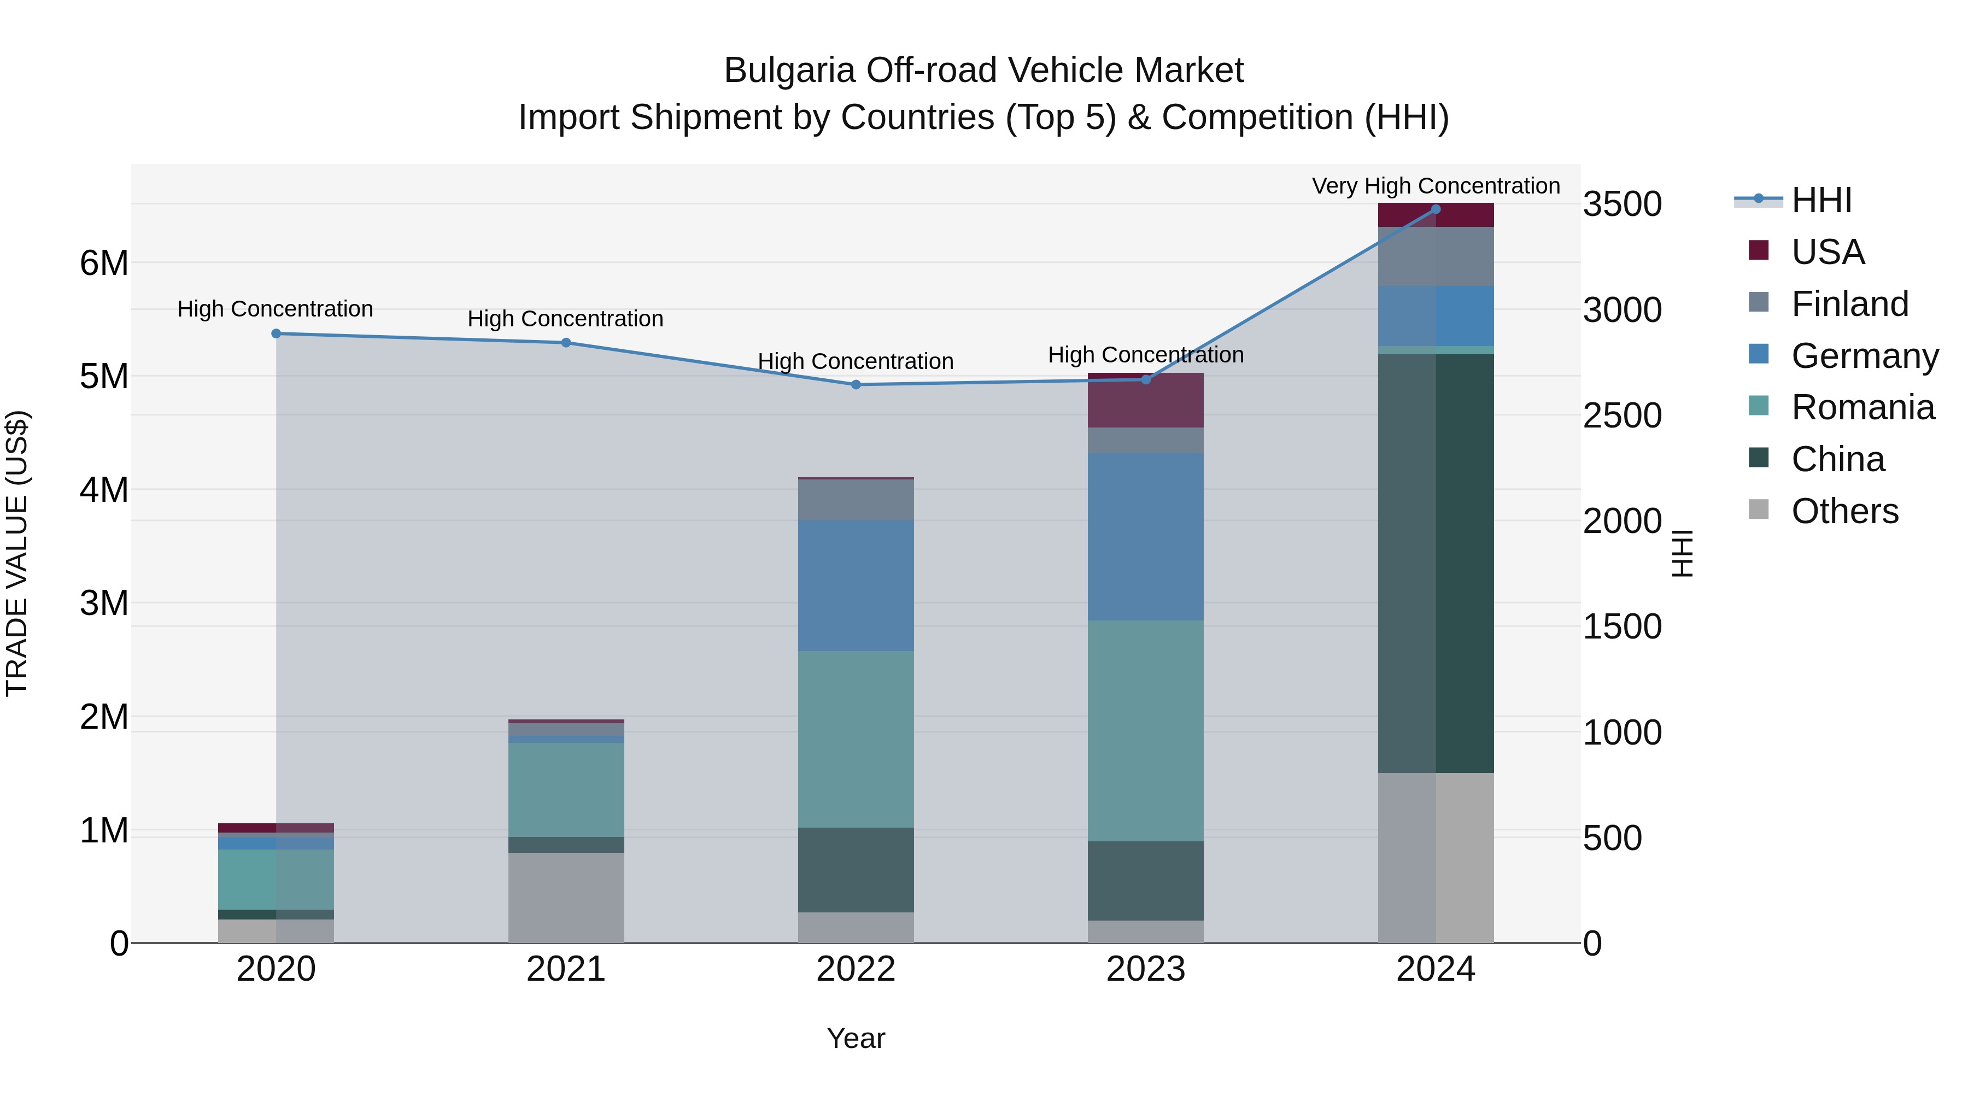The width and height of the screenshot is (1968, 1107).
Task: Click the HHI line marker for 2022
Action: pos(856,384)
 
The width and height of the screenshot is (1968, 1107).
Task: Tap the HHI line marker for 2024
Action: pos(1436,209)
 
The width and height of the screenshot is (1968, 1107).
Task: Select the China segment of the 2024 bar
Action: pos(1436,563)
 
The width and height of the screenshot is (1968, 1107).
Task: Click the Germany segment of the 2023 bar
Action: pos(1145,536)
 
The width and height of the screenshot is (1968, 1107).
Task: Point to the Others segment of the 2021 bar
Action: pos(566,897)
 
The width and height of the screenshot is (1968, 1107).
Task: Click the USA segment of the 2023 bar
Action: pos(1145,400)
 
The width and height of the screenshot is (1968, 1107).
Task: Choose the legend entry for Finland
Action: pos(1849,304)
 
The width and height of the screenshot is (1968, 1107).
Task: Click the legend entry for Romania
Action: pos(1862,407)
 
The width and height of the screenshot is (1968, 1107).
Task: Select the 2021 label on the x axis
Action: pos(566,969)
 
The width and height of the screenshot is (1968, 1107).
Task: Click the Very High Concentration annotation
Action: pos(1436,186)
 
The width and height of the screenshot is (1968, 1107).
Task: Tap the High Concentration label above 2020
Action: pos(275,309)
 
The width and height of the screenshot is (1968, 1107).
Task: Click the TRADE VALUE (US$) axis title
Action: pos(17,553)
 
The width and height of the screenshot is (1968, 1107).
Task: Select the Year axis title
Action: pos(856,1038)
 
